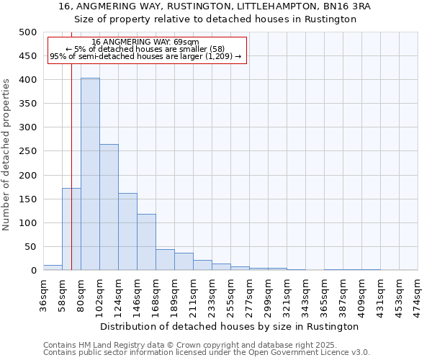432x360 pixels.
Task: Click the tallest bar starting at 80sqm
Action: click(90, 174)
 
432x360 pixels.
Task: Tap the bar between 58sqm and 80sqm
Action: click(71, 229)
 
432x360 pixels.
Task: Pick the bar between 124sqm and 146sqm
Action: click(127, 232)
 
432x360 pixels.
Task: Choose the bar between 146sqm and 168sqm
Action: click(146, 242)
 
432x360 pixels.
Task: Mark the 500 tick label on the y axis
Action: click(27, 32)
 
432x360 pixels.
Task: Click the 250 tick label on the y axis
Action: click(27, 151)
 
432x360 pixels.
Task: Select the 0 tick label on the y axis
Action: click(33, 271)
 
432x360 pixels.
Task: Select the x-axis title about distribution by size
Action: click(230, 326)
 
